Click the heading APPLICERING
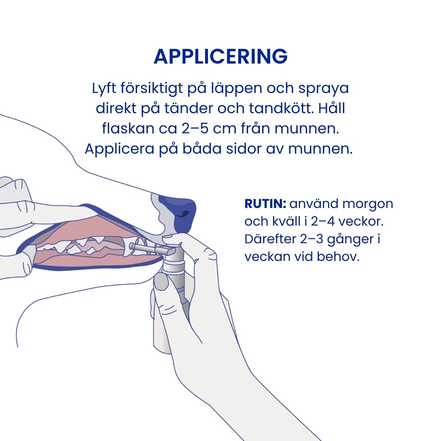coord(220,56)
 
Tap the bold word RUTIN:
coord(265,204)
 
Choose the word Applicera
coord(119,149)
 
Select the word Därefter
coord(270,239)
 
